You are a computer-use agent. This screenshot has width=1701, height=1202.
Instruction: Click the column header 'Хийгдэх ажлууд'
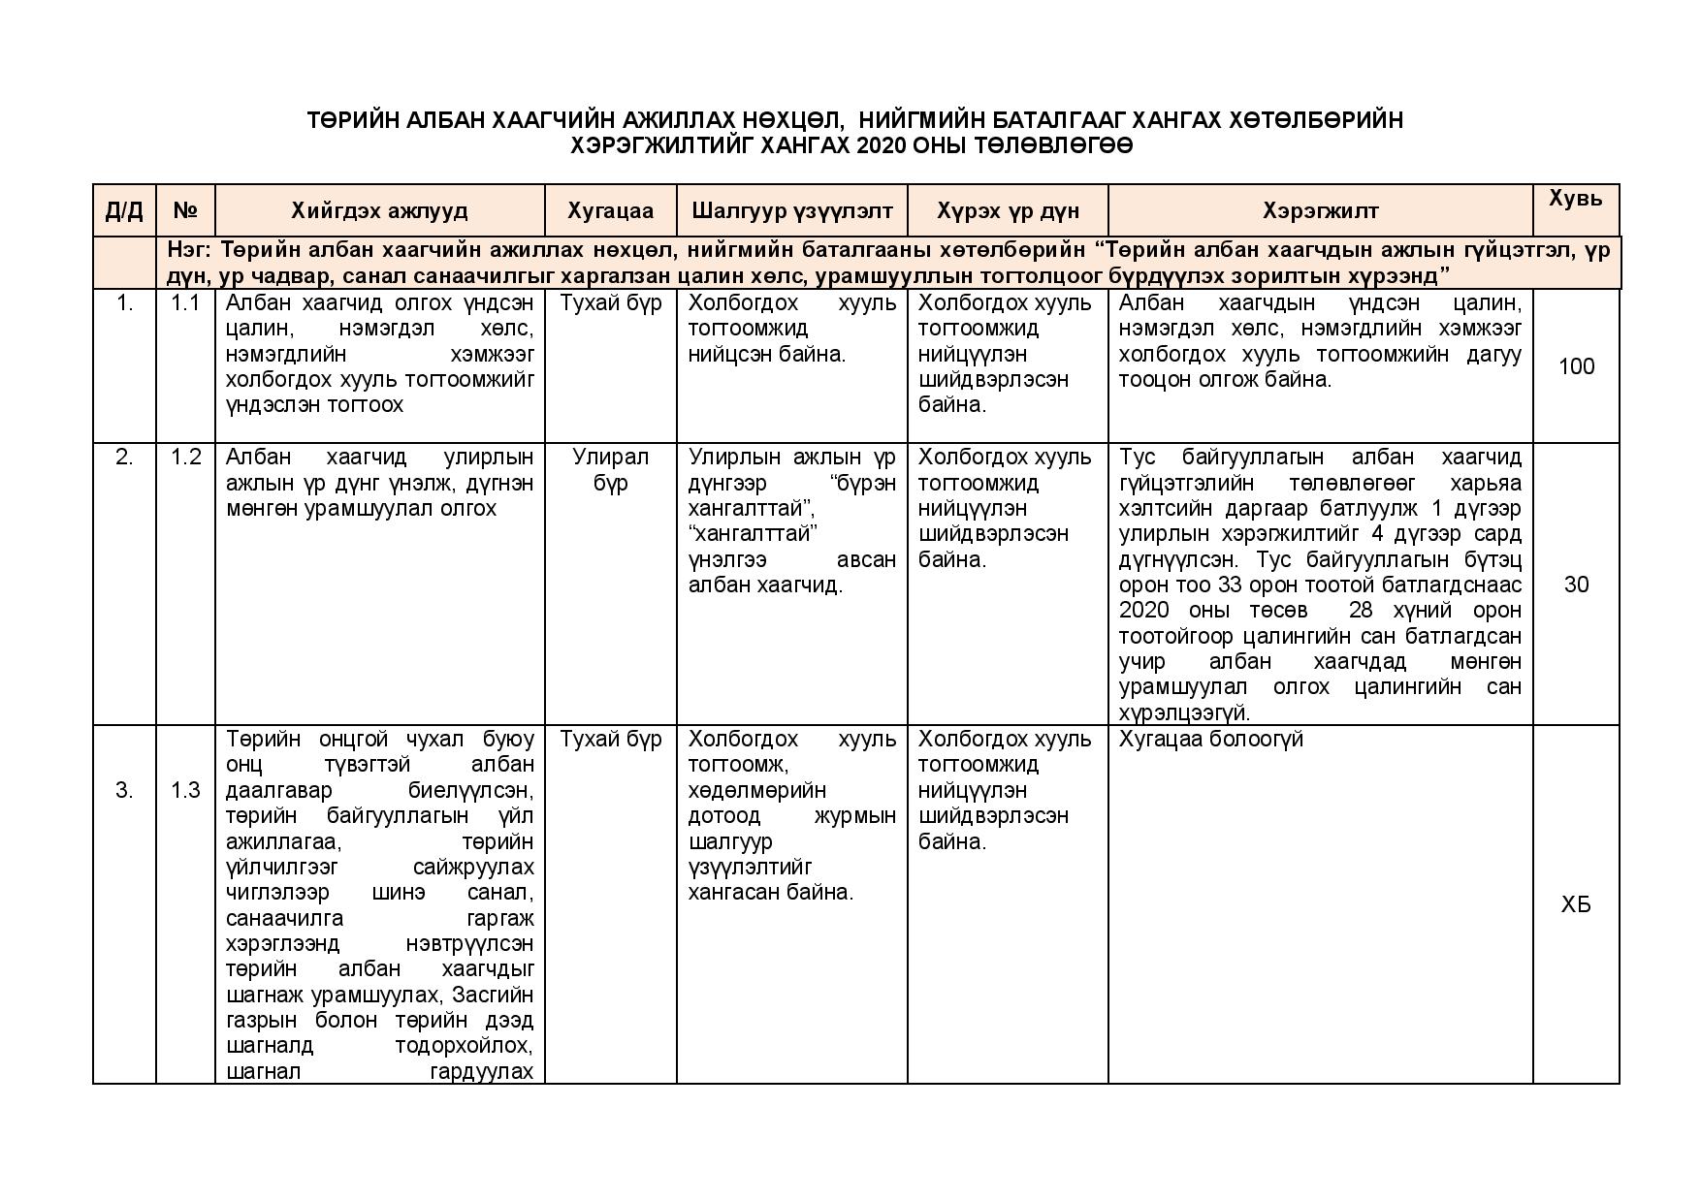[379, 211]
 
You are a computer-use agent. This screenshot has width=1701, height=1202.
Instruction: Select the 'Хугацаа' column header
[610, 211]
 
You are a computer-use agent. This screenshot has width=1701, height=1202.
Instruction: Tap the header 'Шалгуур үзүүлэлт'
[791, 211]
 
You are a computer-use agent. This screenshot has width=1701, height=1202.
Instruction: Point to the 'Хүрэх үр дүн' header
[1008, 211]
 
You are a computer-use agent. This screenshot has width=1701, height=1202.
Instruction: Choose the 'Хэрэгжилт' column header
[1320, 211]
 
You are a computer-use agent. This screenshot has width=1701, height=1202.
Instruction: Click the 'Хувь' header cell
[1575, 199]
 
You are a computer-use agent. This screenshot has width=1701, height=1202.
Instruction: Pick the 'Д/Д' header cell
[124, 211]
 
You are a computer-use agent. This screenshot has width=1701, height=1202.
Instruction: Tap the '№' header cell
[185, 211]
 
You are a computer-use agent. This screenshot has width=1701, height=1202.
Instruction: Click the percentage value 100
[1576, 366]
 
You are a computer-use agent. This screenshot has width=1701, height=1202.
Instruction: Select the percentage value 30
[1576, 585]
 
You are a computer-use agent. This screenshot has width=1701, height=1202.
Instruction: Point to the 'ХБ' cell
[1576, 905]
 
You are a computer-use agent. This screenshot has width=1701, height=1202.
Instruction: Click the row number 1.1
[185, 303]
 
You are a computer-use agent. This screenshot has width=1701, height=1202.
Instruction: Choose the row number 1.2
[185, 458]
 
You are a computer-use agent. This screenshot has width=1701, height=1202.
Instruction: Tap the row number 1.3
[185, 791]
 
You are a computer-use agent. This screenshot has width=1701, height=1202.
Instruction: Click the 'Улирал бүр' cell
[610, 470]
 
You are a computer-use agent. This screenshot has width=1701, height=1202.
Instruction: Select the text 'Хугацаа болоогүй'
[1210, 740]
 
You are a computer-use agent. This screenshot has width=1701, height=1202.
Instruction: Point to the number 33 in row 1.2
[1255, 585]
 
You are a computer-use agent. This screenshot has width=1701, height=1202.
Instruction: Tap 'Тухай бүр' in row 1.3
[610, 740]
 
